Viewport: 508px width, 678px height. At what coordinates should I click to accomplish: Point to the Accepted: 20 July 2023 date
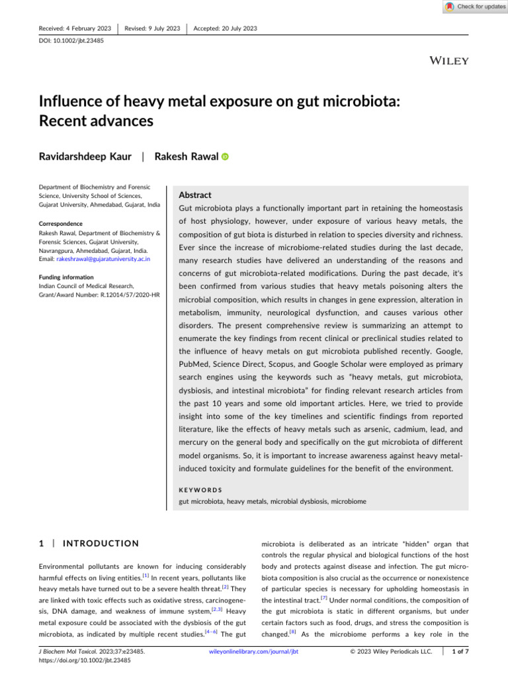pos(226,28)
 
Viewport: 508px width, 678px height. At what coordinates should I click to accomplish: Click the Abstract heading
pos(196,195)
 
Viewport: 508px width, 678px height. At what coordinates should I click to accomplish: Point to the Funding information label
pos(67,277)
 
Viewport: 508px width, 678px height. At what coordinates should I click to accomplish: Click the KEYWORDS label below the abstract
pos(201,491)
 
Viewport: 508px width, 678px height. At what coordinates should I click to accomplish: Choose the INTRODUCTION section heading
pos(100,544)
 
